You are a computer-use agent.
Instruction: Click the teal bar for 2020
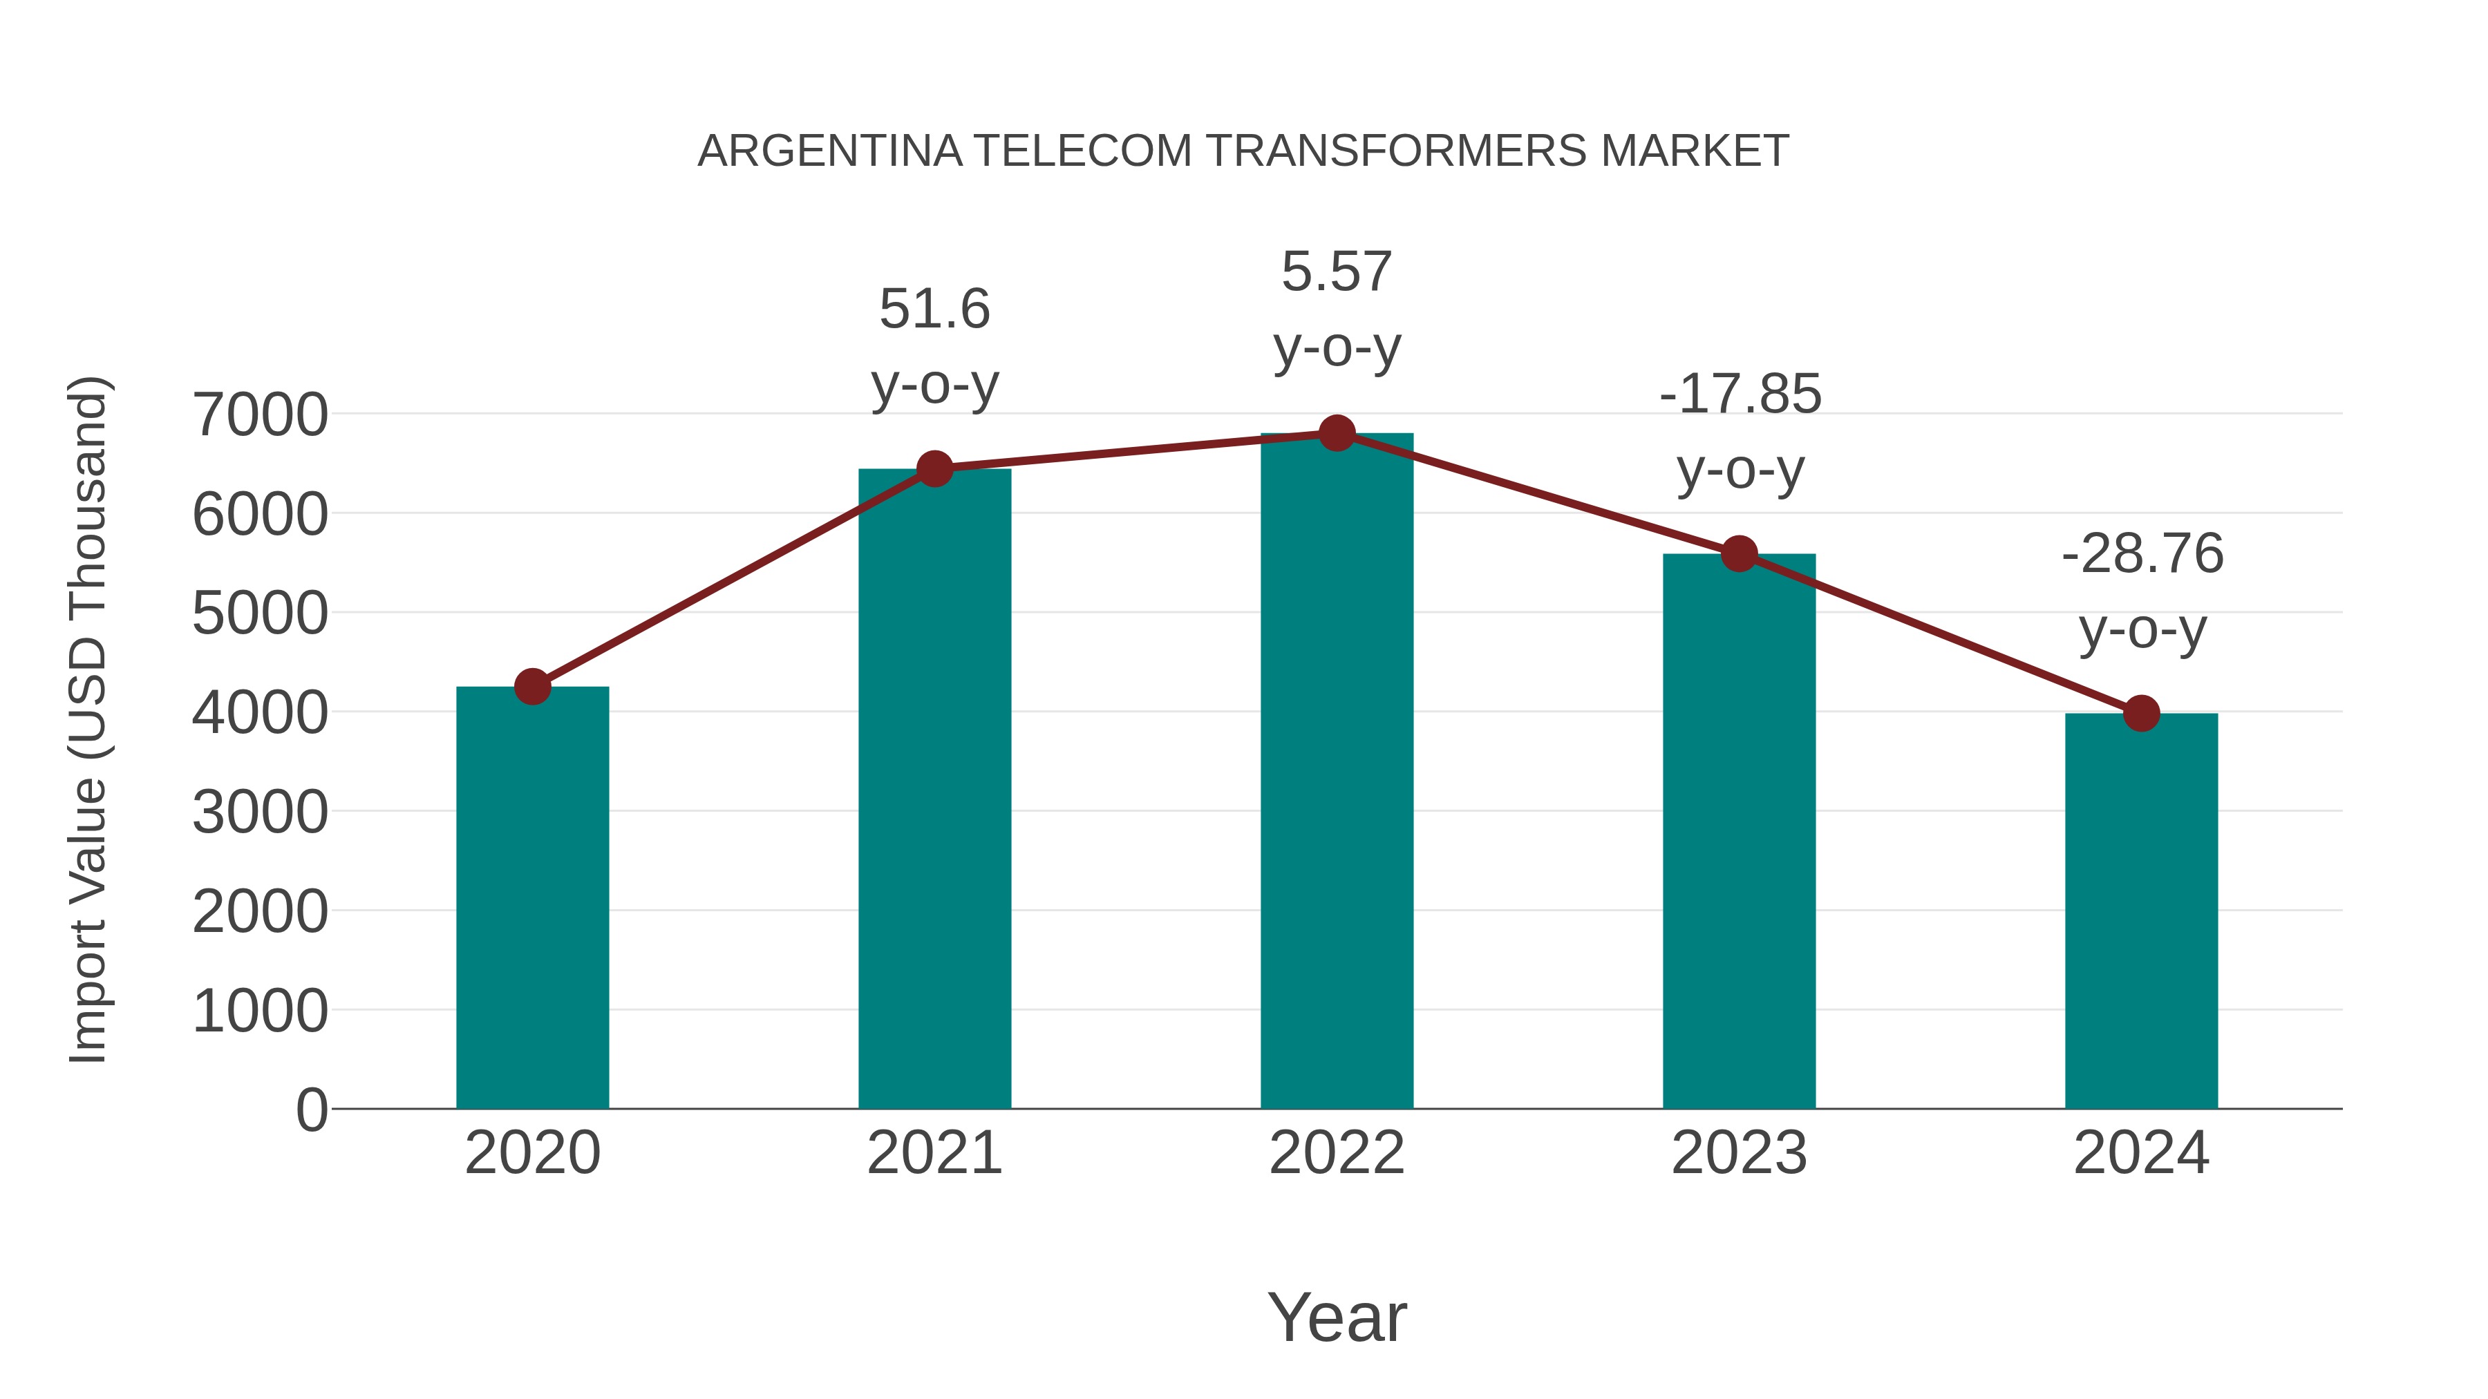532,898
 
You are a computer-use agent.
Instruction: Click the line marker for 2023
1739,554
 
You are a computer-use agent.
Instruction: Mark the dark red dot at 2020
532,687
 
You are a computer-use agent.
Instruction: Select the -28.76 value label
2142,554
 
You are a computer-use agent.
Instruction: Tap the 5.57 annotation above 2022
1337,272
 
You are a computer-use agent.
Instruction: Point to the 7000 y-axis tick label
261,415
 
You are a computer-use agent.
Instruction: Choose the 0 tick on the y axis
312,1110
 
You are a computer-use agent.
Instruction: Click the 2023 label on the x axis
1739,1153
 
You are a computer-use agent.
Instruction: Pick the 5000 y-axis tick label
261,614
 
